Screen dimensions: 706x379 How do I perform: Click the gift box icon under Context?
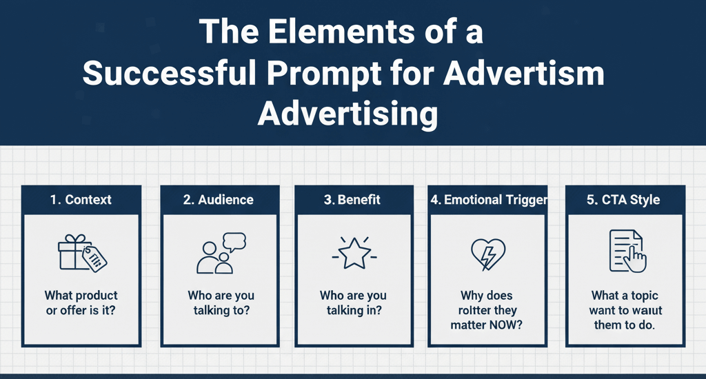tap(83, 253)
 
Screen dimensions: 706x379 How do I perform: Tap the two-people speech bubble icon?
tap(221, 253)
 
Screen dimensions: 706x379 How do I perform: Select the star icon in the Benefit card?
tap(354, 254)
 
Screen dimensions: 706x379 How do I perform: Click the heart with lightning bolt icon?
tap(488, 254)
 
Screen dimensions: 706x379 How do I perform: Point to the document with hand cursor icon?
tap(627, 251)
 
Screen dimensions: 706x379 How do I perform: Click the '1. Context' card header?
tap(81, 200)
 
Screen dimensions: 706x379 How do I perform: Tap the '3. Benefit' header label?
tap(352, 200)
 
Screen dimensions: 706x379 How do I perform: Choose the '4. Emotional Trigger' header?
tap(489, 200)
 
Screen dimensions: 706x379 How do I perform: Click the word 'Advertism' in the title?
tap(524, 73)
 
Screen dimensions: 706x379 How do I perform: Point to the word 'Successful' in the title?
tap(170, 73)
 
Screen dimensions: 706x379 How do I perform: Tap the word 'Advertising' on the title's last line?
tap(347, 114)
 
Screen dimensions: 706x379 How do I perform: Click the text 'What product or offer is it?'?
tap(81, 303)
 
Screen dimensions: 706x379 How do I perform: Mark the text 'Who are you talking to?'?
tap(221, 303)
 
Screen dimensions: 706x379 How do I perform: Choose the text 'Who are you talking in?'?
tap(354, 303)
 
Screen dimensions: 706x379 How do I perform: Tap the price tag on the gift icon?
tap(94, 260)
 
